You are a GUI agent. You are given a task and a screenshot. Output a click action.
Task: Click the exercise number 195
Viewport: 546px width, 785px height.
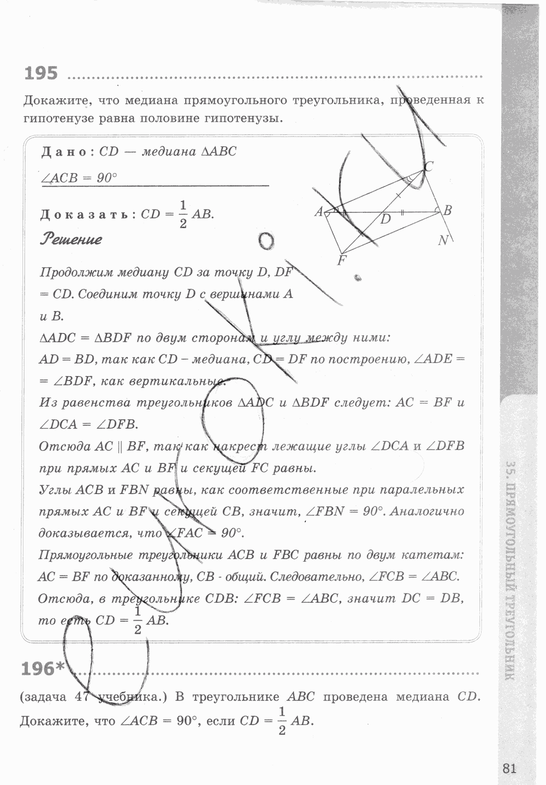tap(41, 73)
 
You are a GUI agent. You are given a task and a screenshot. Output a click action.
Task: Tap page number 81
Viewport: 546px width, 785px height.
tap(508, 768)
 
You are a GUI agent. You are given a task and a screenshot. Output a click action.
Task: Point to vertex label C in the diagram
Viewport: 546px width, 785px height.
tap(429, 167)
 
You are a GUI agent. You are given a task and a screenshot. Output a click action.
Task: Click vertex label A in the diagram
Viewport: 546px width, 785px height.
tap(319, 212)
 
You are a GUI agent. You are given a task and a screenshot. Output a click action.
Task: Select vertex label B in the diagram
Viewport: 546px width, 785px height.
tap(447, 210)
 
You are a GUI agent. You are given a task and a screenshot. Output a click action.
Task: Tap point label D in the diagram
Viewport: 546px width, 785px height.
tap(386, 219)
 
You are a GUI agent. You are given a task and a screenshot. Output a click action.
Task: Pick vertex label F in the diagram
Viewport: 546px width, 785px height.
tap(342, 260)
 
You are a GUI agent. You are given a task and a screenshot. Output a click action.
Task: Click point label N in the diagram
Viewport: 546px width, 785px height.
tap(443, 240)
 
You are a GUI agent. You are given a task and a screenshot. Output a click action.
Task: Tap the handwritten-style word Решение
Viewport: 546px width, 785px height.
tap(71, 239)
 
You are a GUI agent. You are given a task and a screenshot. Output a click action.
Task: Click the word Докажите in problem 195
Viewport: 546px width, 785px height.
tap(54, 101)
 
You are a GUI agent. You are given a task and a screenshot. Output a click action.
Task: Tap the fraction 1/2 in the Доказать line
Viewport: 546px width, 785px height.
tap(183, 215)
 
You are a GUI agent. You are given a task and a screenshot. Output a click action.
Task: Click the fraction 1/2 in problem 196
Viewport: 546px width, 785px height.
tap(282, 721)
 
